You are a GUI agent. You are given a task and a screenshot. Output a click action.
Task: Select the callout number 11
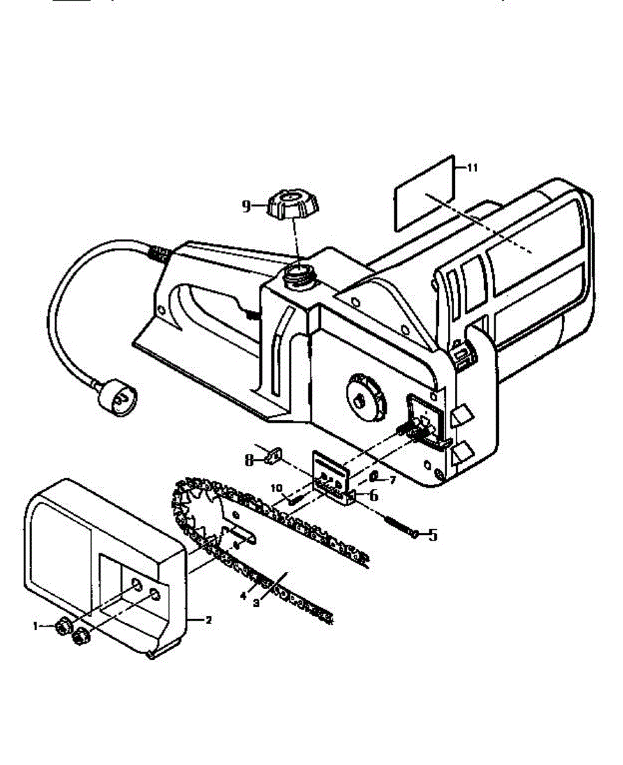tap(472, 168)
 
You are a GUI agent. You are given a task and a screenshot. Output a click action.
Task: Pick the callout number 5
tap(433, 535)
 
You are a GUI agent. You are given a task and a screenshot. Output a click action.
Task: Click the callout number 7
tap(393, 480)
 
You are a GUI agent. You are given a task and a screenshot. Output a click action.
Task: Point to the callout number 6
tap(373, 494)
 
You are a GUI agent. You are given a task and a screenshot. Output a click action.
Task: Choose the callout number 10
tap(276, 488)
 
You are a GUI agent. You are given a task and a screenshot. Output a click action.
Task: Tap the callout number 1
tap(36, 627)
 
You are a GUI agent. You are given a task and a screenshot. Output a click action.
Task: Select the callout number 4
tap(243, 596)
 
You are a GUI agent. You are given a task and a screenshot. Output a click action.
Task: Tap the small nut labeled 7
tap(375, 476)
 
